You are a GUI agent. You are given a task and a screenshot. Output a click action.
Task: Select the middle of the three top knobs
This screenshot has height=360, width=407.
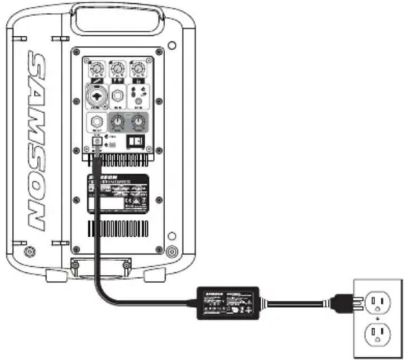117,70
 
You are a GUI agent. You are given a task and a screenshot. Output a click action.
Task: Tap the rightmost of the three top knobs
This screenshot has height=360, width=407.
136,70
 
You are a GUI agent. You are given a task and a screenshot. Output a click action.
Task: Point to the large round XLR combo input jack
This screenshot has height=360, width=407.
98,95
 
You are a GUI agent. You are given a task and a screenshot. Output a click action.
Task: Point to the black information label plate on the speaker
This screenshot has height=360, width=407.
118,194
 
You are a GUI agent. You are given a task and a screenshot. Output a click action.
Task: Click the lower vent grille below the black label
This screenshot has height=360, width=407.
118,228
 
